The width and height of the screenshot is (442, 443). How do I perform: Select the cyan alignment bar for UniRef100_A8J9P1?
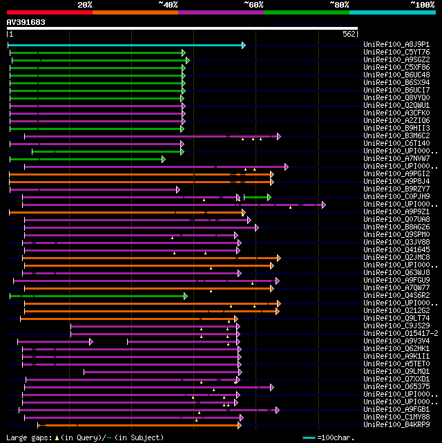pyautogui.click(x=124, y=45)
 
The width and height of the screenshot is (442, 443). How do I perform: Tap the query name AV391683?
pyautogui.click(x=26, y=22)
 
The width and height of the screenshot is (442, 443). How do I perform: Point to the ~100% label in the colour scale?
pyautogui.click(x=422, y=4)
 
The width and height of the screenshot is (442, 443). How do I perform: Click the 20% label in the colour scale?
pyautogui.click(x=85, y=4)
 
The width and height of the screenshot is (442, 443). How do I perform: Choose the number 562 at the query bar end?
pyautogui.click(x=349, y=34)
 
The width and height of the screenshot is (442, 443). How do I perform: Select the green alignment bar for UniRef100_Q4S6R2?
pyautogui.click(x=97, y=296)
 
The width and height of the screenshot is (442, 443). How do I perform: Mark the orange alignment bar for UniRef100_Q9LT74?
pyautogui.click(x=128, y=319)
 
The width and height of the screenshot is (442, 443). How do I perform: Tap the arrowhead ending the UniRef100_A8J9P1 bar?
pyautogui.click(x=243, y=45)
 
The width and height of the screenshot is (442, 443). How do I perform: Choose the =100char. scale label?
pyautogui.click(x=336, y=437)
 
